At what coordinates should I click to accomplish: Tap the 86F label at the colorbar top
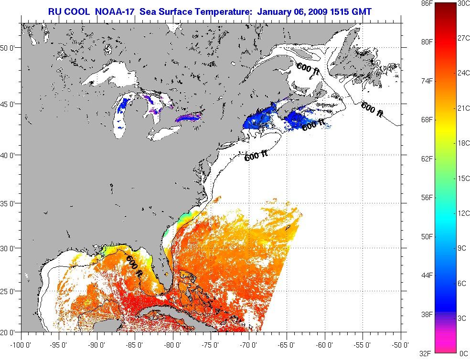tap(414, 3)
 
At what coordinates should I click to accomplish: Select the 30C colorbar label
tap(463, 3)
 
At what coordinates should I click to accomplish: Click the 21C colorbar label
tap(463, 108)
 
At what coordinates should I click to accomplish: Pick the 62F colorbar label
tap(414, 159)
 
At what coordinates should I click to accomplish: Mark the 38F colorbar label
tap(414, 315)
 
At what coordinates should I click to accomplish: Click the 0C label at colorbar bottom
tap(463, 354)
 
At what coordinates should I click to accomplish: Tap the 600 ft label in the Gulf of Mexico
tap(134, 266)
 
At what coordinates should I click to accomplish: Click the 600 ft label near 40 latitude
tap(256, 156)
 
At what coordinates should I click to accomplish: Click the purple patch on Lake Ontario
tap(189, 116)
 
